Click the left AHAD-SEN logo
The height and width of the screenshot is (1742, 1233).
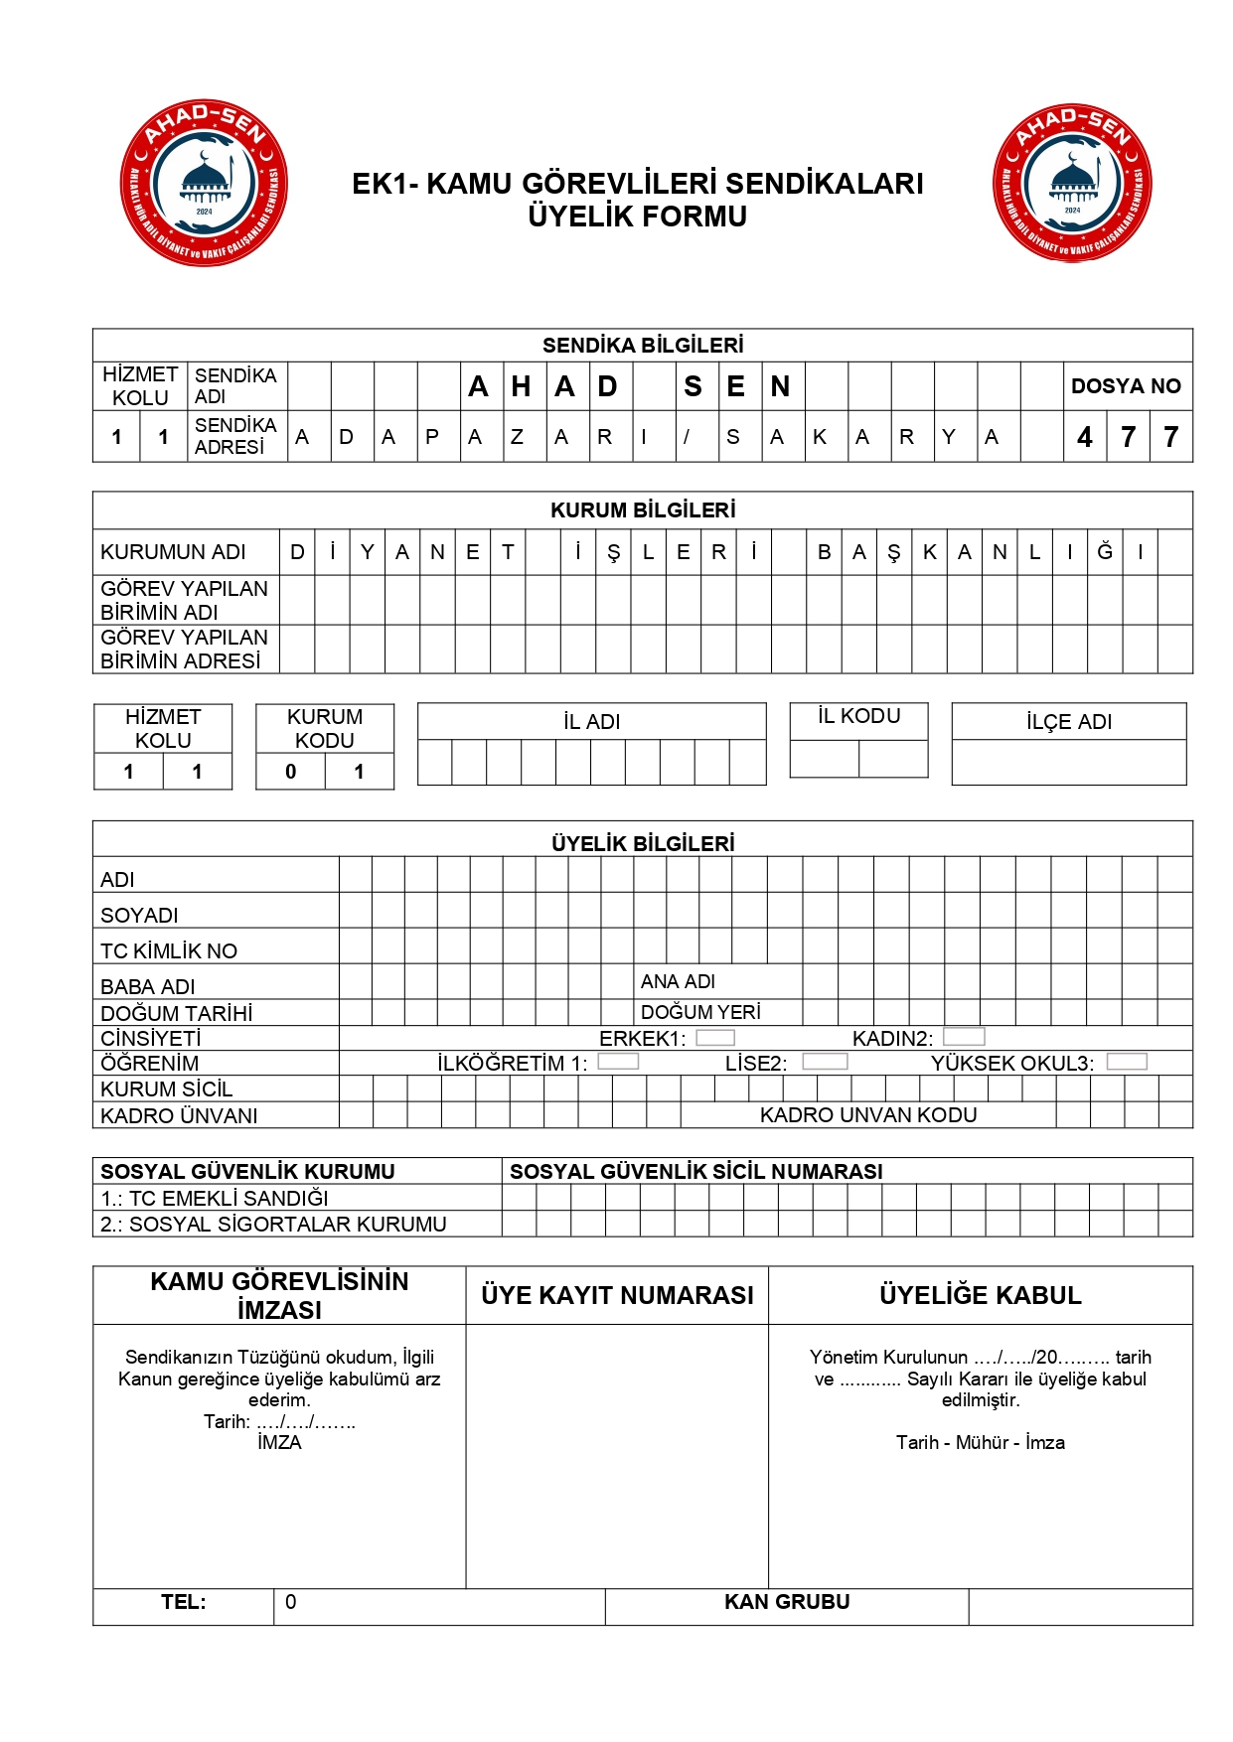pos(204,183)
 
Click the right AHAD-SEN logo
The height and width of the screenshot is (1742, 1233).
pos(1072,183)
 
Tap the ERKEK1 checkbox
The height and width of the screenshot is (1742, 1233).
pos(715,1038)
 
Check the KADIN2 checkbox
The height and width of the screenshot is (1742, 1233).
pos(964,1037)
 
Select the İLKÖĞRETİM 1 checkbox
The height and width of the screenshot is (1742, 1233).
pos(618,1062)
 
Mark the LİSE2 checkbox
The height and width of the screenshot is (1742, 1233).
pos(825,1062)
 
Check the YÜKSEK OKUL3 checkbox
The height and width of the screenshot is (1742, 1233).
pos(1127,1062)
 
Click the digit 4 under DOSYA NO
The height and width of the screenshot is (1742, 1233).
pos(1085,437)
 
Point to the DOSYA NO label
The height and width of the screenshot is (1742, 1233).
pos(1126,386)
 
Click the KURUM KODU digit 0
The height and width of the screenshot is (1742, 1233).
pos(290,772)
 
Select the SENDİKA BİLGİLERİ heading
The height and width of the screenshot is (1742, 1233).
pos(643,346)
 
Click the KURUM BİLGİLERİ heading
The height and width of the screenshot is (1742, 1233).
pos(643,510)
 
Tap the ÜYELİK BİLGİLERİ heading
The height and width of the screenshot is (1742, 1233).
pos(643,843)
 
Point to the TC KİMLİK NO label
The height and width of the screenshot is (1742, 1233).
pos(169,950)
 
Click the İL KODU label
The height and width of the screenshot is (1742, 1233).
pos(858,716)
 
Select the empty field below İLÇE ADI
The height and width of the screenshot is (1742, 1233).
pos(1068,763)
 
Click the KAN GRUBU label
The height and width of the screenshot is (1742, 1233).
pos(787,1602)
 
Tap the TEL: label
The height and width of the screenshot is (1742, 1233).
pos(184,1602)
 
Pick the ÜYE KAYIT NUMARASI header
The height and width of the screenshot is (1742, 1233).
pos(617,1295)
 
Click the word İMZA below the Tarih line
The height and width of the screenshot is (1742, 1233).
pos(279,1443)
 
